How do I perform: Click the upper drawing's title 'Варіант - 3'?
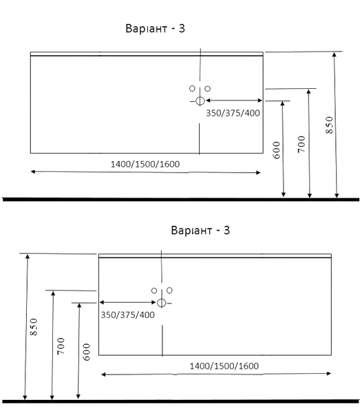point(155,28)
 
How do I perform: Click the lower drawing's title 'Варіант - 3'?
point(200,231)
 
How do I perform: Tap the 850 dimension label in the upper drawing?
point(330,125)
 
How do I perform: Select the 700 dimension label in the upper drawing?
point(301,144)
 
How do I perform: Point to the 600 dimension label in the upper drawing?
point(277,150)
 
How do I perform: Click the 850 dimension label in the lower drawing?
point(34,327)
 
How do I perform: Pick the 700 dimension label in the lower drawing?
point(61,346)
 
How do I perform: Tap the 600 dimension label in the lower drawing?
point(86,352)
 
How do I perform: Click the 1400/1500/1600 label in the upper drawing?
point(145,165)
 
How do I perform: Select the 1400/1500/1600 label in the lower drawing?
point(224,366)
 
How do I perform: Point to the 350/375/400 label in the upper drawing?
point(233,113)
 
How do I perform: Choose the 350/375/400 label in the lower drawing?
point(128,315)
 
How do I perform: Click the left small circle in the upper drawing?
point(192,89)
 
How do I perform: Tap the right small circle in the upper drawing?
point(207,89)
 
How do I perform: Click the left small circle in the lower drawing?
point(154,290)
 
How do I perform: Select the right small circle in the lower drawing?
point(169,290)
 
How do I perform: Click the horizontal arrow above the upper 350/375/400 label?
point(234,100)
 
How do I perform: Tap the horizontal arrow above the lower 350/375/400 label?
point(128,302)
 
